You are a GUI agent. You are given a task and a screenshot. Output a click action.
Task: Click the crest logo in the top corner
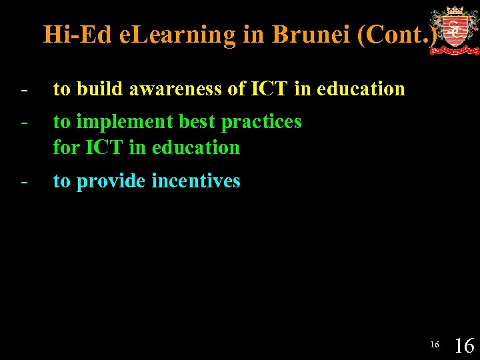[454, 31]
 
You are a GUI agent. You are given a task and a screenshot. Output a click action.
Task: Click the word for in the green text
[66, 147]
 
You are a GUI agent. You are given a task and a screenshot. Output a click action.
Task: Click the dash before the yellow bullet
[24, 89]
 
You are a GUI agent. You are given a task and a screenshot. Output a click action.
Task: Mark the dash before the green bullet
[24, 122]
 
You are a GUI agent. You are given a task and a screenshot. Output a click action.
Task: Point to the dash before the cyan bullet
[24, 182]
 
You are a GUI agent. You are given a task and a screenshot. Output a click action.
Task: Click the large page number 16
[464, 345]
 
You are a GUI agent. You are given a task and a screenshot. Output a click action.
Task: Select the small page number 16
[435, 345]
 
